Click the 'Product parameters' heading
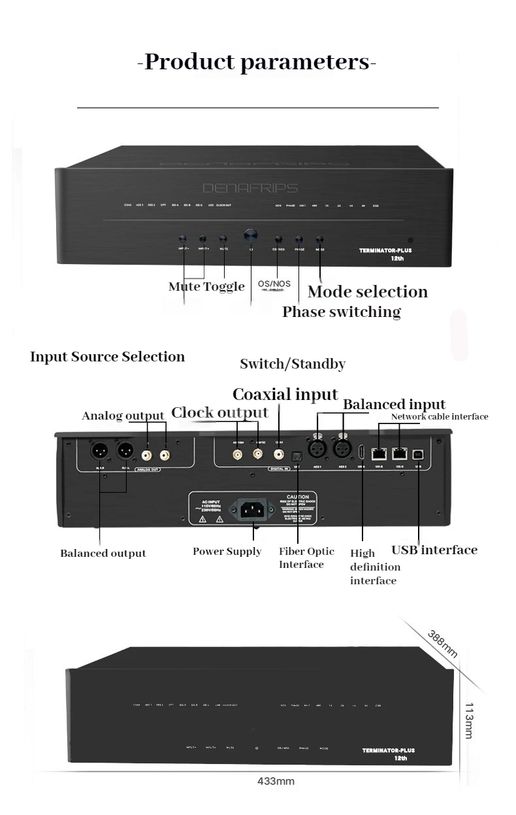[x=257, y=63]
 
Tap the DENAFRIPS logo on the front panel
[x=250, y=188]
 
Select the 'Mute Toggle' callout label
[x=206, y=286]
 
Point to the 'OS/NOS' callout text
[x=274, y=284]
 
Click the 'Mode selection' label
[x=368, y=291]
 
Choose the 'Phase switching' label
[x=341, y=312]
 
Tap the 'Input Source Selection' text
[x=107, y=357]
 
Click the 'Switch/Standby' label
[x=292, y=364]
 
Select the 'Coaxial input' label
[x=285, y=394]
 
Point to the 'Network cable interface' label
[x=439, y=416]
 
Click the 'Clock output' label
[x=219, y=412]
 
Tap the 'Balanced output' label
[x=103, y=554]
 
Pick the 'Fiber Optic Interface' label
[x=306, y=557]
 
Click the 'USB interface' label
[x=434, y=550]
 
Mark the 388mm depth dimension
[x=443, y=644]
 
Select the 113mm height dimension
[x=468, y=721]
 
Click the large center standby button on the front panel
[x=250, y=235]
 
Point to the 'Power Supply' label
[x=227, y=552]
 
